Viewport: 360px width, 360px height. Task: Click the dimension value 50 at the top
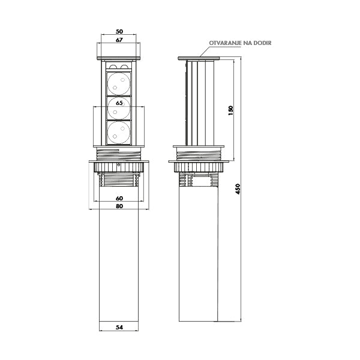[x=119, y=31]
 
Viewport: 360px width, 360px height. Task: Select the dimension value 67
[x=119, y=40]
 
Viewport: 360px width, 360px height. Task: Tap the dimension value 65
[x=119, y=103]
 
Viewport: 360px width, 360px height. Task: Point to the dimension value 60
[x=119, y=198]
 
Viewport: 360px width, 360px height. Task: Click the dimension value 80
[x=119, y=206]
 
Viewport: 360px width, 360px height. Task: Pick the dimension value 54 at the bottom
[x=119, y=328]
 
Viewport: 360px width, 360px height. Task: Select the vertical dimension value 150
[x=231, y=110]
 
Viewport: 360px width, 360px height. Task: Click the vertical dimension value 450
[x=238, y=189]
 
